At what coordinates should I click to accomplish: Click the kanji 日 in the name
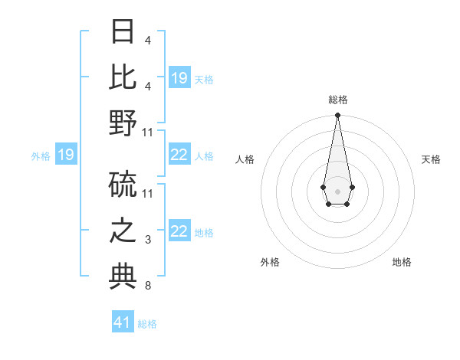tap(123, 31)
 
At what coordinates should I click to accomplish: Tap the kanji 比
tap(123, 77)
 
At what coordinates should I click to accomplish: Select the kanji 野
tap(123, 123)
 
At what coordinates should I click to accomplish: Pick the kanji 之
tap(123, 231)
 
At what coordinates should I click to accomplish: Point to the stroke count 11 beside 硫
tap(148, 192)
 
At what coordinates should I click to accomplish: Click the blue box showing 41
tap(123, 322)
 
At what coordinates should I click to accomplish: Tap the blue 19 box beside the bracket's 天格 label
tap(179, 78)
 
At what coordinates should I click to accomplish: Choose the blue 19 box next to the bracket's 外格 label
tap(66, 155)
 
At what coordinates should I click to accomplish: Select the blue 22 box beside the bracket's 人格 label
tap(179, 155)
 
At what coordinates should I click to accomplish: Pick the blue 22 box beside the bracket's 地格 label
tap(179, 231)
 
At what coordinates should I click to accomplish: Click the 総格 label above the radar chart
tap(337, 100)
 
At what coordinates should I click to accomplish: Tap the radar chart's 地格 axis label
tap(402, 262)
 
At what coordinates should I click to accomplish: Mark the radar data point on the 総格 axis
tap(337, 116)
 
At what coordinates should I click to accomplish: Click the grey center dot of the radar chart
tap(337, 190)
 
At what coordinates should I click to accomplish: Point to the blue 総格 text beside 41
tap(147, 324)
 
